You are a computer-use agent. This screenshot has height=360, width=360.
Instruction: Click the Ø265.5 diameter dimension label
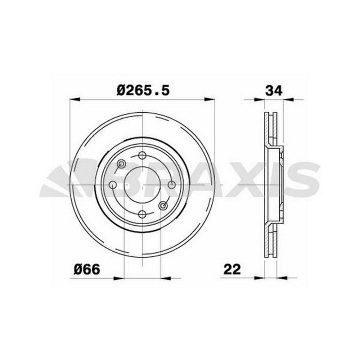[143, 90]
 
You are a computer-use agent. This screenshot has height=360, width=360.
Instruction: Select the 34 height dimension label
[274, 91]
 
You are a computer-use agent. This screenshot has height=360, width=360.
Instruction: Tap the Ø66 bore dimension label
[87, 269]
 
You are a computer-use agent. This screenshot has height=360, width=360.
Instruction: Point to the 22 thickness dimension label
[232, 269]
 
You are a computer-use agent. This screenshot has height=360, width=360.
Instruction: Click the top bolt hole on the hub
[143, 156]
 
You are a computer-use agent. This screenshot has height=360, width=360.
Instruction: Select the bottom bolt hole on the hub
[143, 215]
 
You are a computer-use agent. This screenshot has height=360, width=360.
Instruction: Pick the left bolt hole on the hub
[113, 185]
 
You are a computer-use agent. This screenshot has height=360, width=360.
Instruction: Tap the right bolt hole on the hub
[172, 185]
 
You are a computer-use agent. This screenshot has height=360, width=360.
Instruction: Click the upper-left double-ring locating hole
[121, 164]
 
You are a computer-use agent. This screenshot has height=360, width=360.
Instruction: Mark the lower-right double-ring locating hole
[163, 206]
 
